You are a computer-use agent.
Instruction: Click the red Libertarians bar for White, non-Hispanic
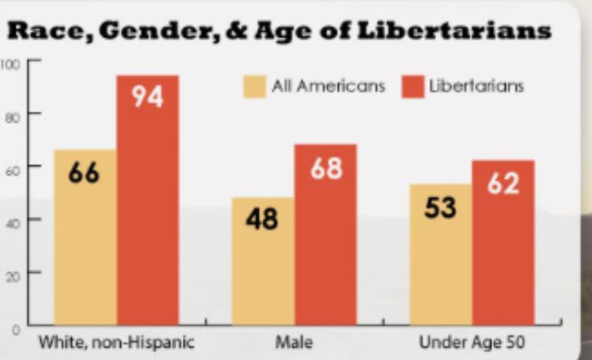(x=148, y=214)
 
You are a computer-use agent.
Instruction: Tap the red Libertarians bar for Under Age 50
(x=503, y=253)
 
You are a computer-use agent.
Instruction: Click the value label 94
(x=147, y=97)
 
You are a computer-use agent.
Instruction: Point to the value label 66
(x=84, y=172)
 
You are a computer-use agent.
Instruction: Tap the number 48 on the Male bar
(x=262, y=219)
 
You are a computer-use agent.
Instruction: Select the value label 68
(x=325, y=169)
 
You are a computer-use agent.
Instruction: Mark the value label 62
(x=503, y=184)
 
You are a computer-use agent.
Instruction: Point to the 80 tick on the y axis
(x=11, y=114)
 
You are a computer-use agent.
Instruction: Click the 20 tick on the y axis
(x=11, y=273)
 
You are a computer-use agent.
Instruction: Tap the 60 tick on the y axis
(x=11, y=167)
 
